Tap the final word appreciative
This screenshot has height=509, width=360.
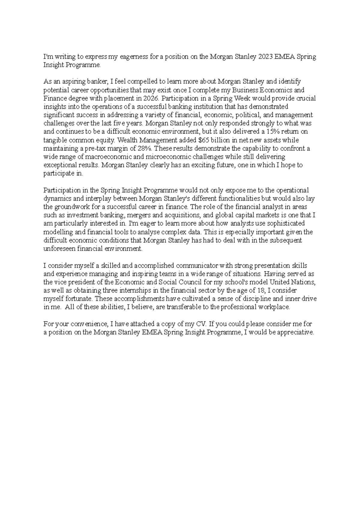(x=295, y=332)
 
